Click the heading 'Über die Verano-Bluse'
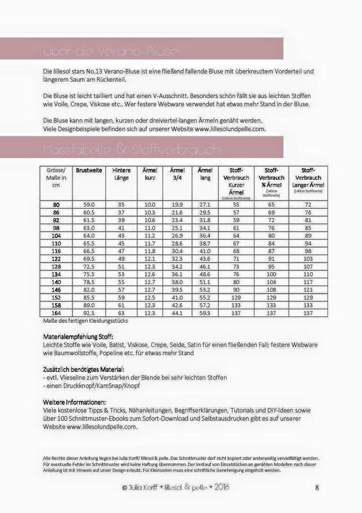pyautogui.click(x=112, y=51)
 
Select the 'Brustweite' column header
pyautogui.click(x=89, y=170)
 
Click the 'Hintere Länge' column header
pyautogui.click(x=121, y=174)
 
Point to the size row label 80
pyautogui.click(x=56, y=204)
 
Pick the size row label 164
pyautogui.click(x=56, y=313)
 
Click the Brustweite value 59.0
pyautogui.click(x=89, y=204)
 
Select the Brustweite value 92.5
pyautogui.click(x=89, y=313)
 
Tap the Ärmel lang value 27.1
pyautogui.click(x=204, y=204)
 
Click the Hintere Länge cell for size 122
pyautogui.click(x=121, y=259)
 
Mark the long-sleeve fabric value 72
pyautogui.click(x=308, y=204)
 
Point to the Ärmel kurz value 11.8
pyautogui.click(x=149, y=251)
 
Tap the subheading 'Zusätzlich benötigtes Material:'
pyautogui.click(x=84, y=369)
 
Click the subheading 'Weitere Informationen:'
pyautogui.click(x=74, y=401)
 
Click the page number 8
pyautogui.click(x=317, y=487)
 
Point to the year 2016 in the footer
pyautogui.click(x=220, y=487)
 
